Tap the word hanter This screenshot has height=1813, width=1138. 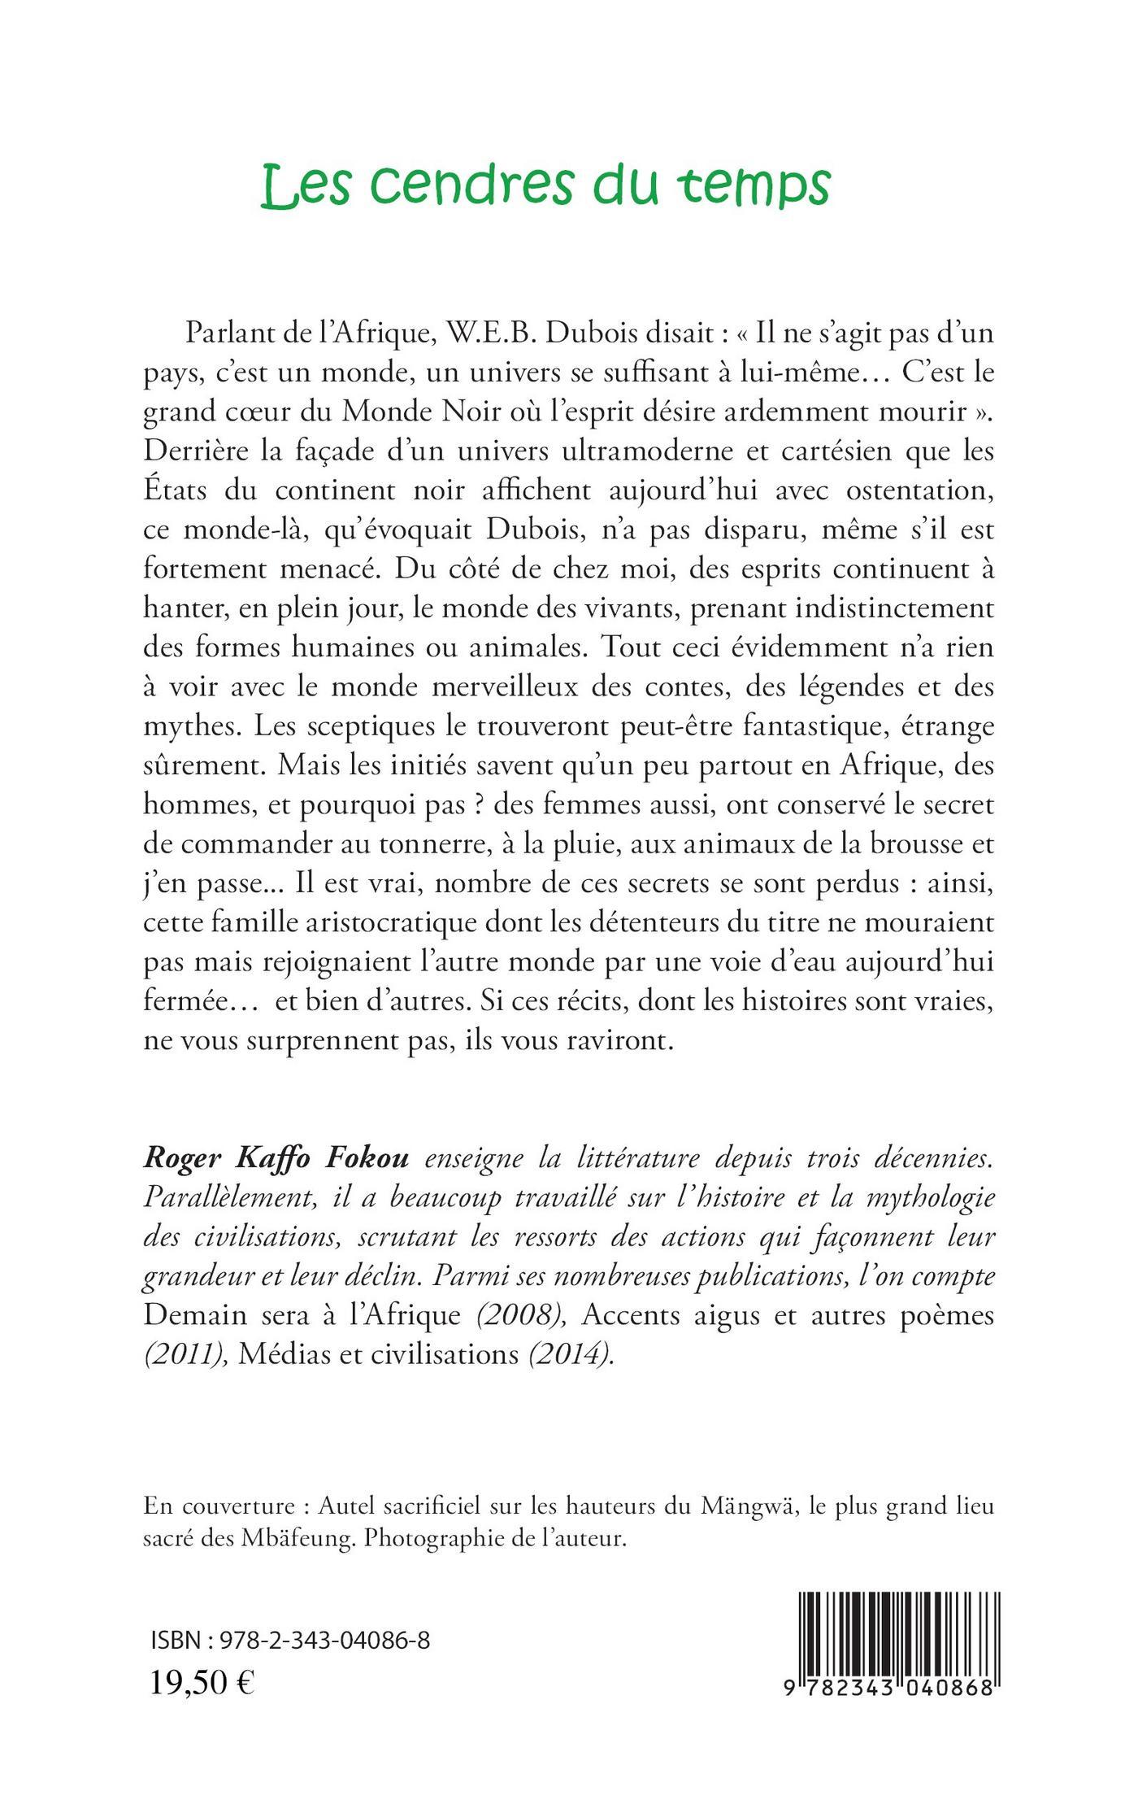pos(182,609)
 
